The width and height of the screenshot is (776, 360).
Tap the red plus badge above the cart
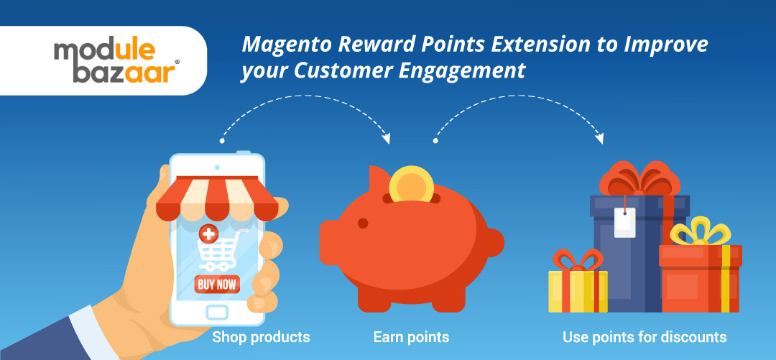click(x=209, y=233)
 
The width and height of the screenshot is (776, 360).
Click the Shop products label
click(x=261, y=337)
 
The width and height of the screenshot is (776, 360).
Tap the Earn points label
click(x=411, y=337)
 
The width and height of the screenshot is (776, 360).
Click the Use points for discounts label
click(x=645, y=337)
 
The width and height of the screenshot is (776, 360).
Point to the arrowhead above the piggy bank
click(x=387, y=137)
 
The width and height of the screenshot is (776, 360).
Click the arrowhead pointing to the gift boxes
click(x=599, y=137)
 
